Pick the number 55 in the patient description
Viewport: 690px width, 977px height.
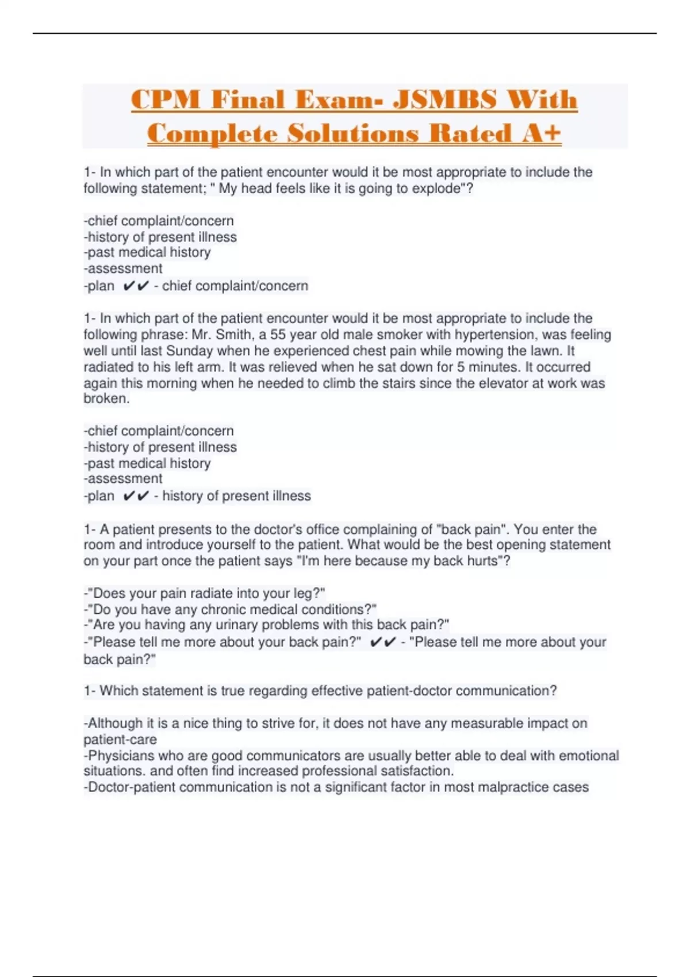click(x=278, y=334)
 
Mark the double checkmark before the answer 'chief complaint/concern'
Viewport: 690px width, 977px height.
click(x=136, y=286)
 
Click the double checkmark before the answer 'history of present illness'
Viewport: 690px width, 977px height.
click(x=136, y=495)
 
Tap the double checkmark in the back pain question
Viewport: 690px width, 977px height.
click(x=383, y=642)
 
